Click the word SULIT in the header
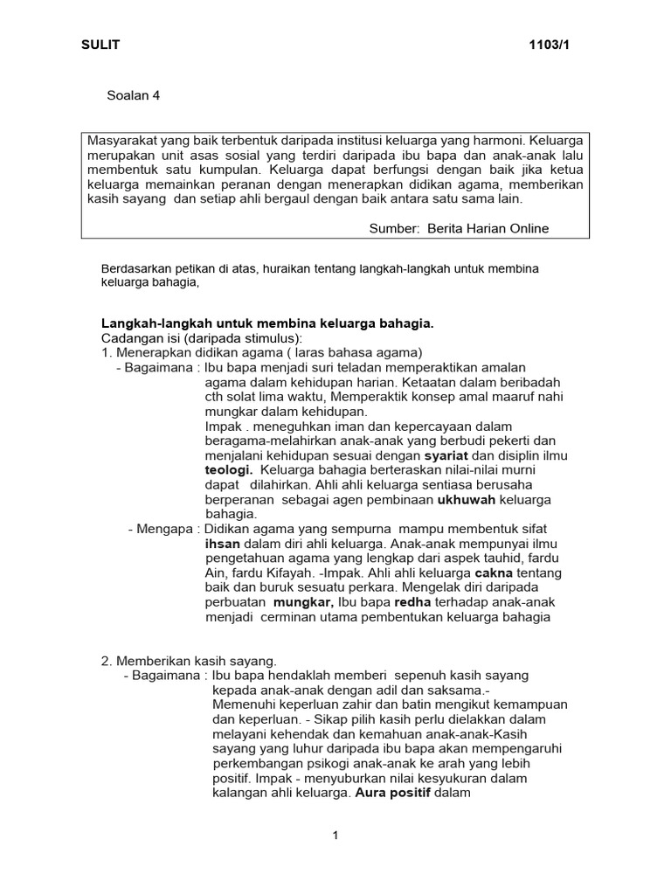[x=101, y=45]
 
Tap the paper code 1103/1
[x=551, y=45]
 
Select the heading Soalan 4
[x=134, y=96]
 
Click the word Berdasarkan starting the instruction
[x=135, y=269]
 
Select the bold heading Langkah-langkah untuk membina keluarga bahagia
[x=267, y=323]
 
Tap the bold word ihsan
[x=221, y=544]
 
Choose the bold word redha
[x=413, y=602]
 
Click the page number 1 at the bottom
[x=335, y=836]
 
